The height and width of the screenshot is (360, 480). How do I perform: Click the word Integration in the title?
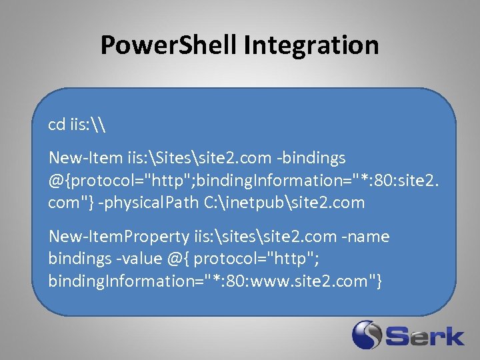pyautogui.click(x=311, y=45)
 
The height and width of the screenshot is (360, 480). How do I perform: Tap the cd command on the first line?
pyautogui.click(x=56, y=125)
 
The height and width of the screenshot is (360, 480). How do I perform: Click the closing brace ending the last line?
pyautogui.click(x=379, y=281)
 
